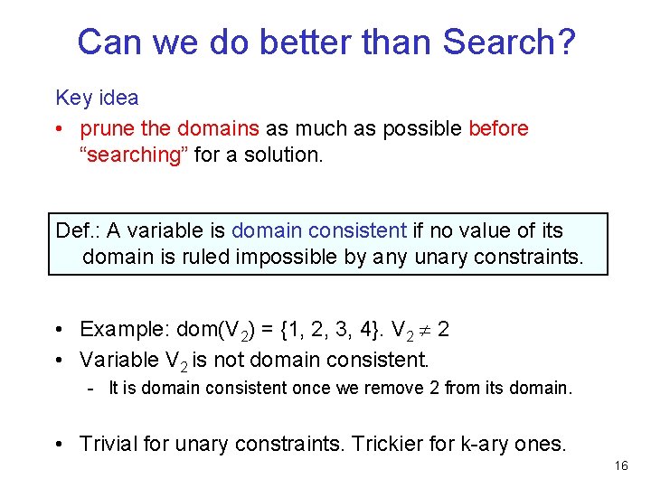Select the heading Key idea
97,98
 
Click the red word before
498,129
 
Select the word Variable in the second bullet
118,360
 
